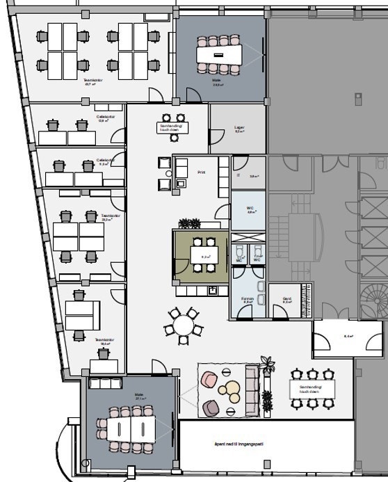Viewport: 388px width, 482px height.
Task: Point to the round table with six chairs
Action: pos(183,325)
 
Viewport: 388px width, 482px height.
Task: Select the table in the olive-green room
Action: pos(205,256)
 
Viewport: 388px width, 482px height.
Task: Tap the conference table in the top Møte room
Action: pos(218,54)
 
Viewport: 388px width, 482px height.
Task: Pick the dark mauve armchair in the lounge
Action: pos(212,408)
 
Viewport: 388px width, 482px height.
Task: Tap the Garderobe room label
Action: pos(286,300)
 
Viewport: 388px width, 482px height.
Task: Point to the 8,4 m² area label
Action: pos(348,336)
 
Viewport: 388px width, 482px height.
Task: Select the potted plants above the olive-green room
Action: pos(189,223)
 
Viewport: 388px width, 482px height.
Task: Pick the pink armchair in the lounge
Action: pos(209,380)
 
